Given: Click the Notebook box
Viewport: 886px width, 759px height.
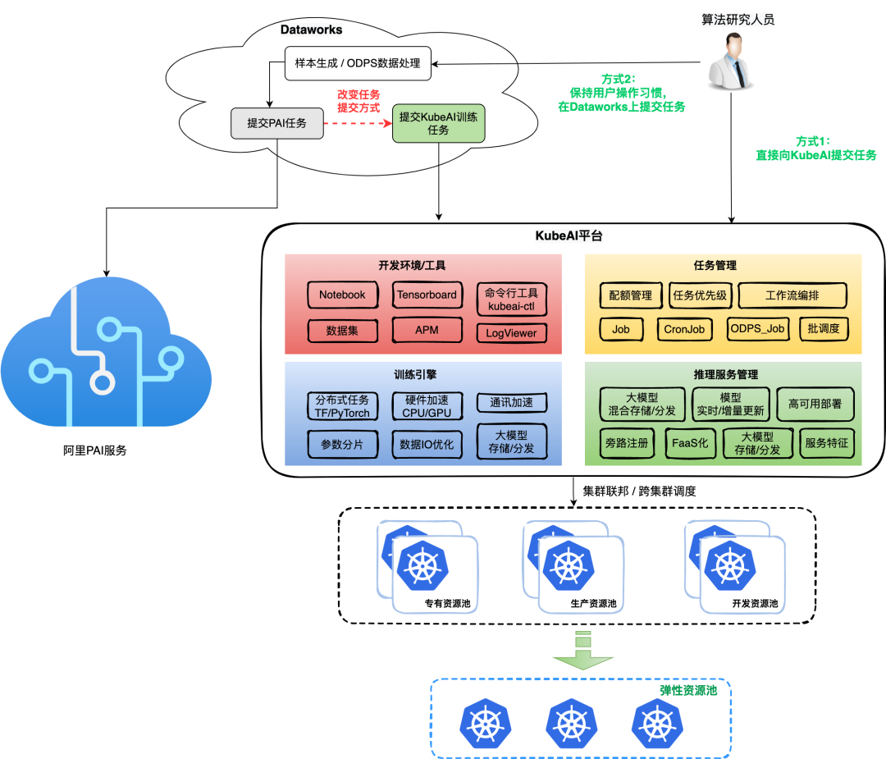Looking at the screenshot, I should coord(342,295).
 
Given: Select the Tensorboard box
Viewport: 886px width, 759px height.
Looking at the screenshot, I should coord(427,295).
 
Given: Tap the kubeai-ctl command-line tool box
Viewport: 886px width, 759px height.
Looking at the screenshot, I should coord(511,299).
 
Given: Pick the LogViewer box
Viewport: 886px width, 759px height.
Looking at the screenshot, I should coord(511,333).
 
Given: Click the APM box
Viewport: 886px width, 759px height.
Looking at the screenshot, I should coord(427,330).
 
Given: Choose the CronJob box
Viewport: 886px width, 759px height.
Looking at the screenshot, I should coord(685,329).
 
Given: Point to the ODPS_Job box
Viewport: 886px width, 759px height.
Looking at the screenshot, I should coord(757,329).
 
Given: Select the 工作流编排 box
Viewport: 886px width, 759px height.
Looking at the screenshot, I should coord(792,295).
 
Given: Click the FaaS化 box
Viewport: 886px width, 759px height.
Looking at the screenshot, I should coord(692,443).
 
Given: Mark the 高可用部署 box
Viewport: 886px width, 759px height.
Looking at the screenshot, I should coord(815,404).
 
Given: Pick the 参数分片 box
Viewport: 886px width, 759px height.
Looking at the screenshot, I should coord(342,444).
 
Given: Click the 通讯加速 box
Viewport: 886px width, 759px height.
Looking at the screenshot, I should coord(511,403).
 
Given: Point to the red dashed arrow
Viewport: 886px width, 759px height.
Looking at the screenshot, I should coord(358,124).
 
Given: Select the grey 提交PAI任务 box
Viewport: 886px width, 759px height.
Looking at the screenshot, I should coord(277,123).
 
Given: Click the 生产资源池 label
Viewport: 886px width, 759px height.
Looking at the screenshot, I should coord(593,604).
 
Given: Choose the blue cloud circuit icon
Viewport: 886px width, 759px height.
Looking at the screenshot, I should coord(105,357).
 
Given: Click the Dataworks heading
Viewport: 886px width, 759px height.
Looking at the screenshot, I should coord(312,30).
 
